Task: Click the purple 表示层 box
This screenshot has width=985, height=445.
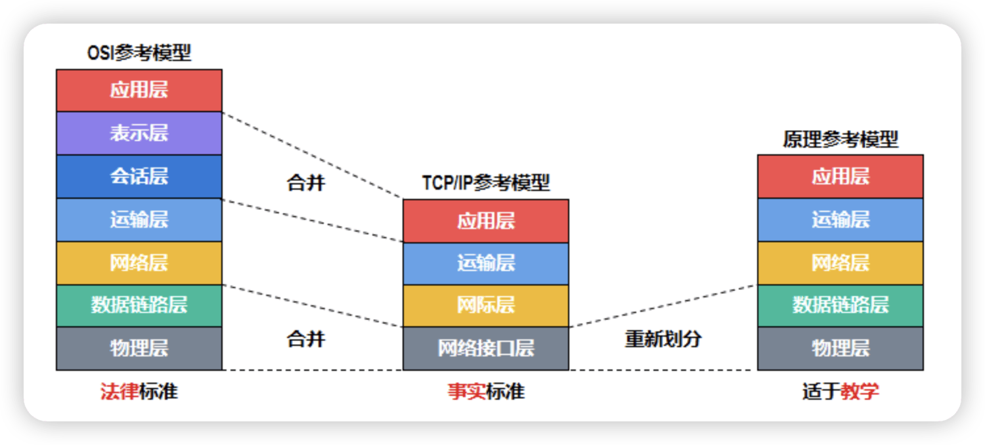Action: pyautogui.click(x=139, y=133)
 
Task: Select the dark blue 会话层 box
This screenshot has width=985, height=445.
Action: pyautogui.click(x=139, y=177)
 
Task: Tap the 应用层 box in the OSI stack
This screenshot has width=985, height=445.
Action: pyautogui.click(x=139, y=91)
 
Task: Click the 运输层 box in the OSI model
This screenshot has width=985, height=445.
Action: pyautogui.click(x=139, y=219)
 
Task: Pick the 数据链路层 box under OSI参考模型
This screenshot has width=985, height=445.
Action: pyautogui.click(x=139, y=305)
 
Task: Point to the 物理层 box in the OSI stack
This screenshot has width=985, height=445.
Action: pyautogui.click(x=139, y=348)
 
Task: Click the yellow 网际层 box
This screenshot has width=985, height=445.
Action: pyautogui.click(x=485, y=305)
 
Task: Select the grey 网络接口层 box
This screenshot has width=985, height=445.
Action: pyautogui.click(x=485, y=348)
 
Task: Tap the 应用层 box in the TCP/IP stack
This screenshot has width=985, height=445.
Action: pyautogui.click(x=485, y=221)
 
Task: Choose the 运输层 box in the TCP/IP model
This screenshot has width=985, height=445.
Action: pyautogui.click(x=485, y=263)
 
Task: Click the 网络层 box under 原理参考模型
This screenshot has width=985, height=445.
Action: pyautogui.click(x=840, y=263)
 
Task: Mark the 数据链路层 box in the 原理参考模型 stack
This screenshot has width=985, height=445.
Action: pyautogui.click(x=840, y=305)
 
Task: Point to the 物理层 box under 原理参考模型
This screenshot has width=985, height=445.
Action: pyautogui.click(x=840, y=348)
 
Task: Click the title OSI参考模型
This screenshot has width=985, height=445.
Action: pyautogui.click(x=139, y=53)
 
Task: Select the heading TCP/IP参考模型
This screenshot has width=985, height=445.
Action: pyautogui.click(x=485, y=182)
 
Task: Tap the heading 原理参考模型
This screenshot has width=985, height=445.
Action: pyautogui.click(x=840, y=139)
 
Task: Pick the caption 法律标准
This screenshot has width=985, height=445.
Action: pyautogui.click(x=139, y=392)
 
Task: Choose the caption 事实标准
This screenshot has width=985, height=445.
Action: pyautogui.click(x=485, y=392)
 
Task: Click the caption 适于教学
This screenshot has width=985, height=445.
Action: pyautogui.click(x=840, y=392)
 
